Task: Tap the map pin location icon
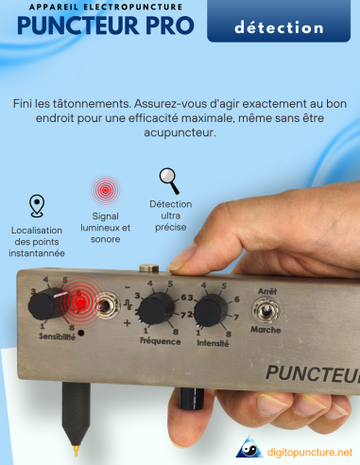(x=37, y=206)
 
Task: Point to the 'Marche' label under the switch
(x=265, y=330)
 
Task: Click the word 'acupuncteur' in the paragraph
(x=180, y=133)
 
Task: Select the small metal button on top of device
(x=146, y=268)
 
